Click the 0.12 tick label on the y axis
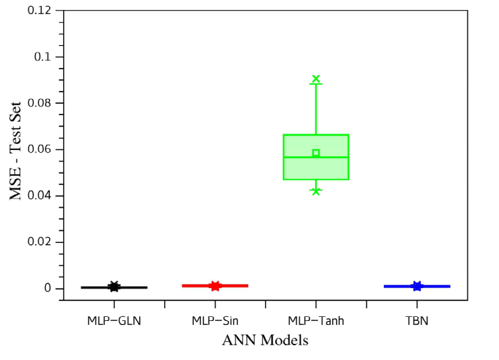(x=39, y=11)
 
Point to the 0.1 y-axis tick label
(x=42, y=57)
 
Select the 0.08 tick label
(x=39, y=103)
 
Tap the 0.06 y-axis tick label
(x=39, y=149)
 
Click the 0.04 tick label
(x=39, y=195)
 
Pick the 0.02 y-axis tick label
(x=39, y=242)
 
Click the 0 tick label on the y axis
(x=48, y=288)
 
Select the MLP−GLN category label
(x=114, y=321)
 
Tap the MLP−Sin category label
(x=215, y=321)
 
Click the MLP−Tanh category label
(x=316, y=321)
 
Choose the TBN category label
(x=417, y=321)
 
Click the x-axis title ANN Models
(x=266, y=340)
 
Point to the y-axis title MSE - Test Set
(x=15, y=151)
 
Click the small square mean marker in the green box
(x=315, y=153)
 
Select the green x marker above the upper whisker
(x=316, y=79)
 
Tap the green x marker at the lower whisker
(x=316, y=191)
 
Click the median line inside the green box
(x=316, y=157)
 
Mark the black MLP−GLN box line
(x=114, y=287)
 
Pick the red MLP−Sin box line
(x=215, y=286)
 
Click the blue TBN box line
(x=417, y=287)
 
